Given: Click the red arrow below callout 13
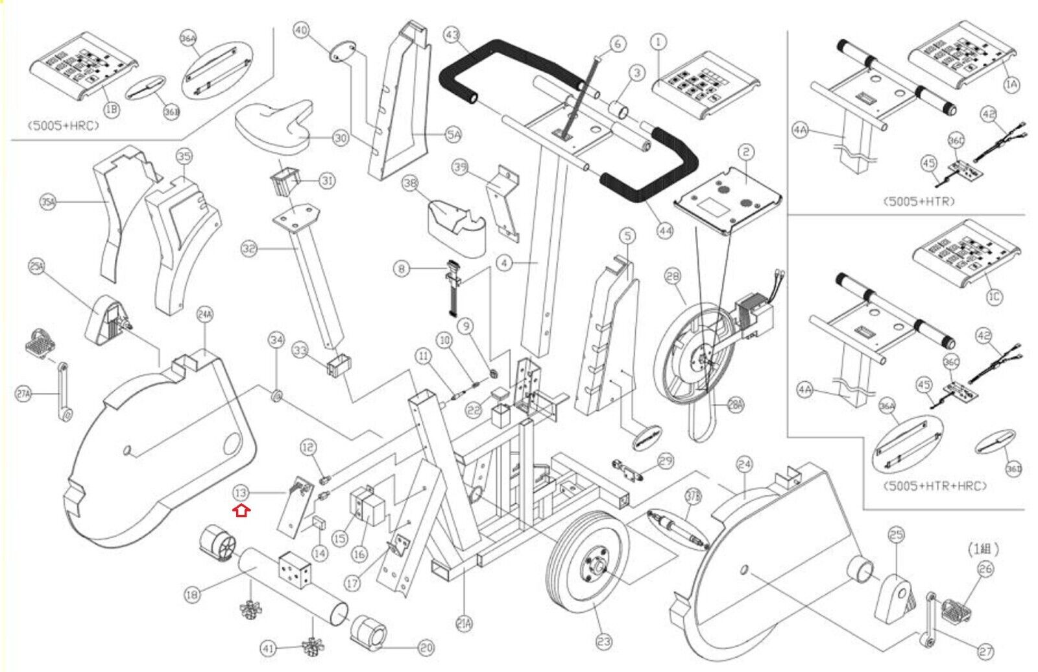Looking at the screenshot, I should tap(241, 511).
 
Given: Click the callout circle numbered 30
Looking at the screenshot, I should tap(341, 138).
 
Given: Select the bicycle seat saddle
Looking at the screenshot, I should tap(272, 127).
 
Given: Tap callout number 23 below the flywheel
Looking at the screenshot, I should tap(603, 642).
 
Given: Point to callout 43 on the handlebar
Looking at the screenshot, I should tap(452, 35).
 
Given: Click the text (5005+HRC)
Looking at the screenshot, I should tap(63, 125).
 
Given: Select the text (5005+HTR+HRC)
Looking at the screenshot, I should tap(935, 486).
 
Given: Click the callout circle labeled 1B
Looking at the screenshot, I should tap(112, 109).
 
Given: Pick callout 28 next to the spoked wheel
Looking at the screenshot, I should tap(673, 277).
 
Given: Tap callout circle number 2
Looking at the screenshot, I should tap(747, 153).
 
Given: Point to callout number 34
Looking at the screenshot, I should tap(277, 340).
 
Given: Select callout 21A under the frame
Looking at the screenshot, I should tap(464, 624).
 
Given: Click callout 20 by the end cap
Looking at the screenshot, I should tap(426, 647).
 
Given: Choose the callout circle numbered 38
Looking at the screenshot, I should tap(410, 183).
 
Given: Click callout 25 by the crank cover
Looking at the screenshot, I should tap(896, 535).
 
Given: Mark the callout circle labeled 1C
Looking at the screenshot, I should tap(994, 297).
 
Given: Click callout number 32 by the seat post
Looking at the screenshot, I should tap(249, 249).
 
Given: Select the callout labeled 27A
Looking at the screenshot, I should tap(23, 393).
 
